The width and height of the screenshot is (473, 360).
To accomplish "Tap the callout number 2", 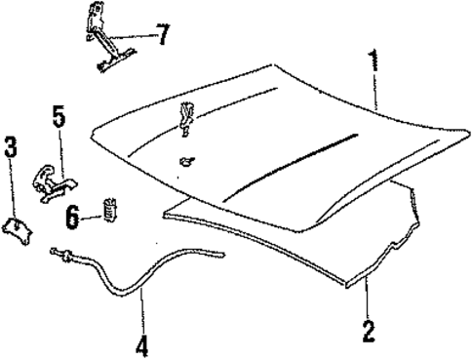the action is tap(368, 330).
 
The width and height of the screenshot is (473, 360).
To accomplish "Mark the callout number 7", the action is tap(162, 35).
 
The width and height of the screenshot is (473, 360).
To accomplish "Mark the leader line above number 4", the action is tap(140, 311).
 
